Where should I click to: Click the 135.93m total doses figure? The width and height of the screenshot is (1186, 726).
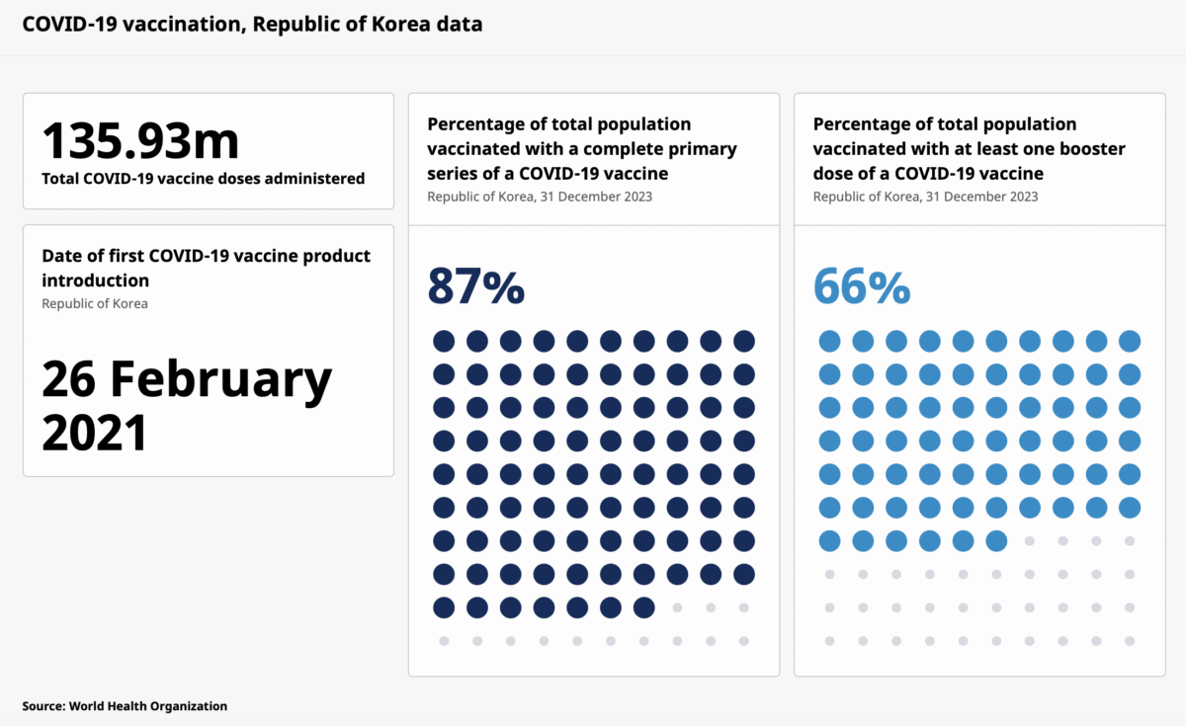(140, 140)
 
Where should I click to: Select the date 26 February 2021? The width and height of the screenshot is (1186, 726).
(187, 405)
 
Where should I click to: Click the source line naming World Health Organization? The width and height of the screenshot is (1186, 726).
(125, 706)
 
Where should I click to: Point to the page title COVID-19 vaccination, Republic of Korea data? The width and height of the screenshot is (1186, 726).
(252, 24)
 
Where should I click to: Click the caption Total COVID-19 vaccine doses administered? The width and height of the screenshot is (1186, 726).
(203, 179)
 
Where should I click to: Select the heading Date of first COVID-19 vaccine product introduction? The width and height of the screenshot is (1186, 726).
(206, 268)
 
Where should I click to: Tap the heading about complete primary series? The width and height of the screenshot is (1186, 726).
(581, 148)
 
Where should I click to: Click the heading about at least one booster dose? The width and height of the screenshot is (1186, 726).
(969, 148)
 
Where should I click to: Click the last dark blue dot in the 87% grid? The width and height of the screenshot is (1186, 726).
(643, 607)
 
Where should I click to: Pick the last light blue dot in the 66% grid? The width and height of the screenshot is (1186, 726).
(996, 540)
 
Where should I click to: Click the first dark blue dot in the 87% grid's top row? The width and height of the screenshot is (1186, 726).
(444, 341)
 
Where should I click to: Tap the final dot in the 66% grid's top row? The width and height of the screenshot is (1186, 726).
(1130, 341)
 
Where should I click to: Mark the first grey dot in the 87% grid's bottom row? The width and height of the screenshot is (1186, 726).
(444, 641)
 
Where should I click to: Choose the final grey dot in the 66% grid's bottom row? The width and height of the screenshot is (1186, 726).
(1130, 641)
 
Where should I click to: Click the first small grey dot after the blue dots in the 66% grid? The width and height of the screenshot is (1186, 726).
(1030, 541)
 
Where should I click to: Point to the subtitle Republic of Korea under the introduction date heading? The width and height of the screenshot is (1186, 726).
(95, 303)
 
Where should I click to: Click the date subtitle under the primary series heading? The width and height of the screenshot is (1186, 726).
(540, 197)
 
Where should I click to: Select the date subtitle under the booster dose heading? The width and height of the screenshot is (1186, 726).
(925, 197)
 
